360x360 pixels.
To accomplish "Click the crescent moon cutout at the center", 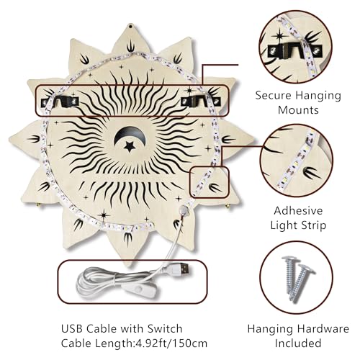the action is coord(120,137).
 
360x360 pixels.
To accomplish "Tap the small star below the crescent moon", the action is coord(130,147).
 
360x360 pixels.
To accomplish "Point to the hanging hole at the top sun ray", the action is coord(130,26).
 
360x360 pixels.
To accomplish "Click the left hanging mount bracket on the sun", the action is coord(60,102).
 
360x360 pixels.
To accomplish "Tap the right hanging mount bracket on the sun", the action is coord(199,101).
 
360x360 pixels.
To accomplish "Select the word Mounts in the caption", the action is coord(298,110).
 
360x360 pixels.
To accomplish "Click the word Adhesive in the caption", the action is coord(298,211).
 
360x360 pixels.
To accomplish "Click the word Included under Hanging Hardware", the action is coord(298,343).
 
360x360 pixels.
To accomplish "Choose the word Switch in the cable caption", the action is coord(165,328).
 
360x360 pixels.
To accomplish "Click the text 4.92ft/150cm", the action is coord(170,343).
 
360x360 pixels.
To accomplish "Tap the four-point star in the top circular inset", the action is coord(279,36).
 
